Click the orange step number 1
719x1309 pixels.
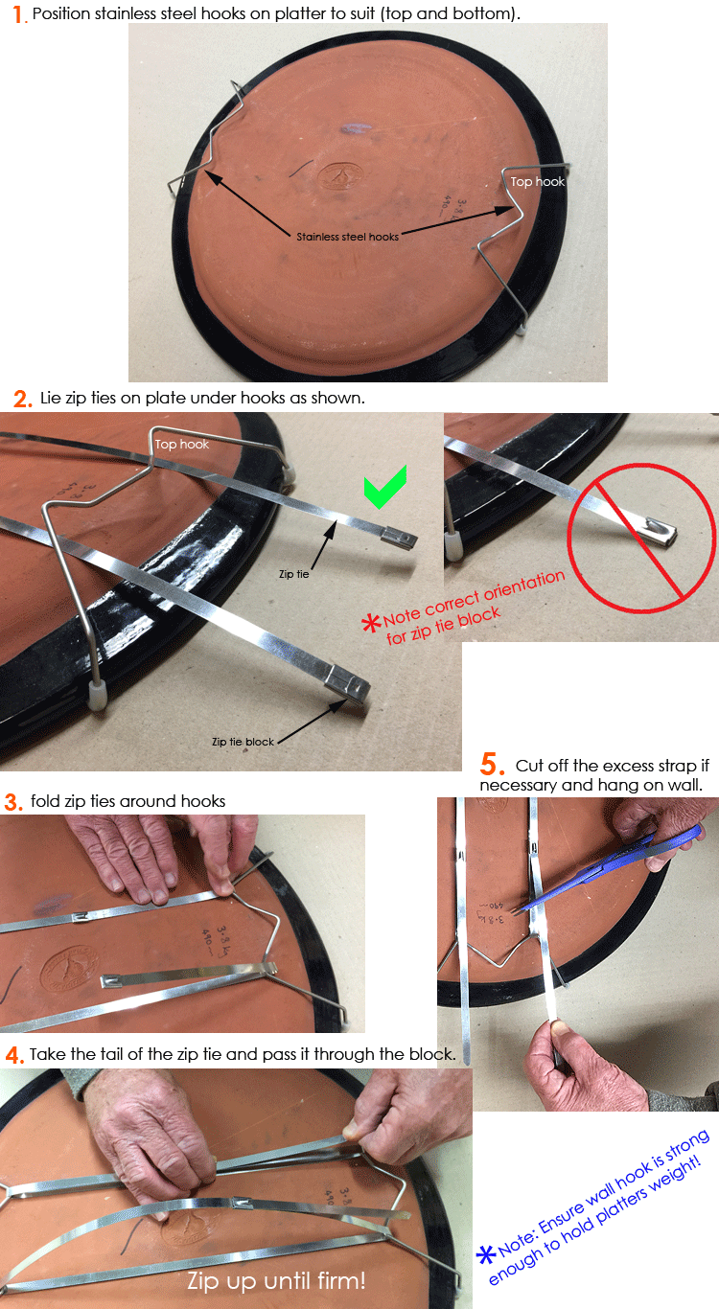pos(19,14)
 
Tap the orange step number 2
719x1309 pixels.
pos(22,400)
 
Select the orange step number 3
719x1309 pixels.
pos(12,802)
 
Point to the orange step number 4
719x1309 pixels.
pos(13,1055)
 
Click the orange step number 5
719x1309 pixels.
pos(492,765)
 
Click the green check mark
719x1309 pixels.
pos(385,487)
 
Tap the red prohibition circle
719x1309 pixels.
pos(641,539)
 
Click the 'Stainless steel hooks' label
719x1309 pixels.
pos(347,237)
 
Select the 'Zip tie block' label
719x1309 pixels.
pos(243,742)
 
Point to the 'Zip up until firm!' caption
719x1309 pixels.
pos(276,1281)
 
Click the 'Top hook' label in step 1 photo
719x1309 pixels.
pos(537,182)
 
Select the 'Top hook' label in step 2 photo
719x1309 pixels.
pos(182,444)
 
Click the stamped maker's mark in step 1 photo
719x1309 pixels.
pos(339,175)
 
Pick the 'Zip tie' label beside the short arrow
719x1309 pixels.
pos(293,574)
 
